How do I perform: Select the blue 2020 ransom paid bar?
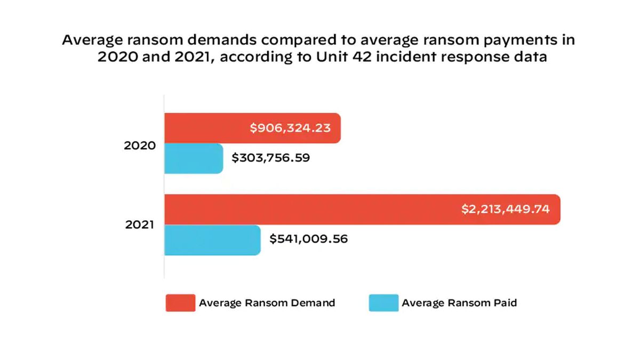pyautogui.click(x=193, y=158)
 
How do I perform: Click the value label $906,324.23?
pyautogui.click(x=290, y=128)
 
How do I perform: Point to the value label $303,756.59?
pyautogui.click(x=271, y=158)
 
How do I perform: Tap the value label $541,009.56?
pyautogui.click(x=308, y=239)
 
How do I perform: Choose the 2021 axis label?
pyautogui.click(x=140, y=225)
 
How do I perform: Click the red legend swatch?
pyautogui.click(x=180, y=303)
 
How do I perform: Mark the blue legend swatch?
pyautogui.click(x=383, y=303)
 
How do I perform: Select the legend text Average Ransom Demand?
pyautogui.click(x=267, y=303)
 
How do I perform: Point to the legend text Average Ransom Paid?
pyautogui.click(x=459, y=303)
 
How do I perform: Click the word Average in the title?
pyautogui.click(x=88, y=41)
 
